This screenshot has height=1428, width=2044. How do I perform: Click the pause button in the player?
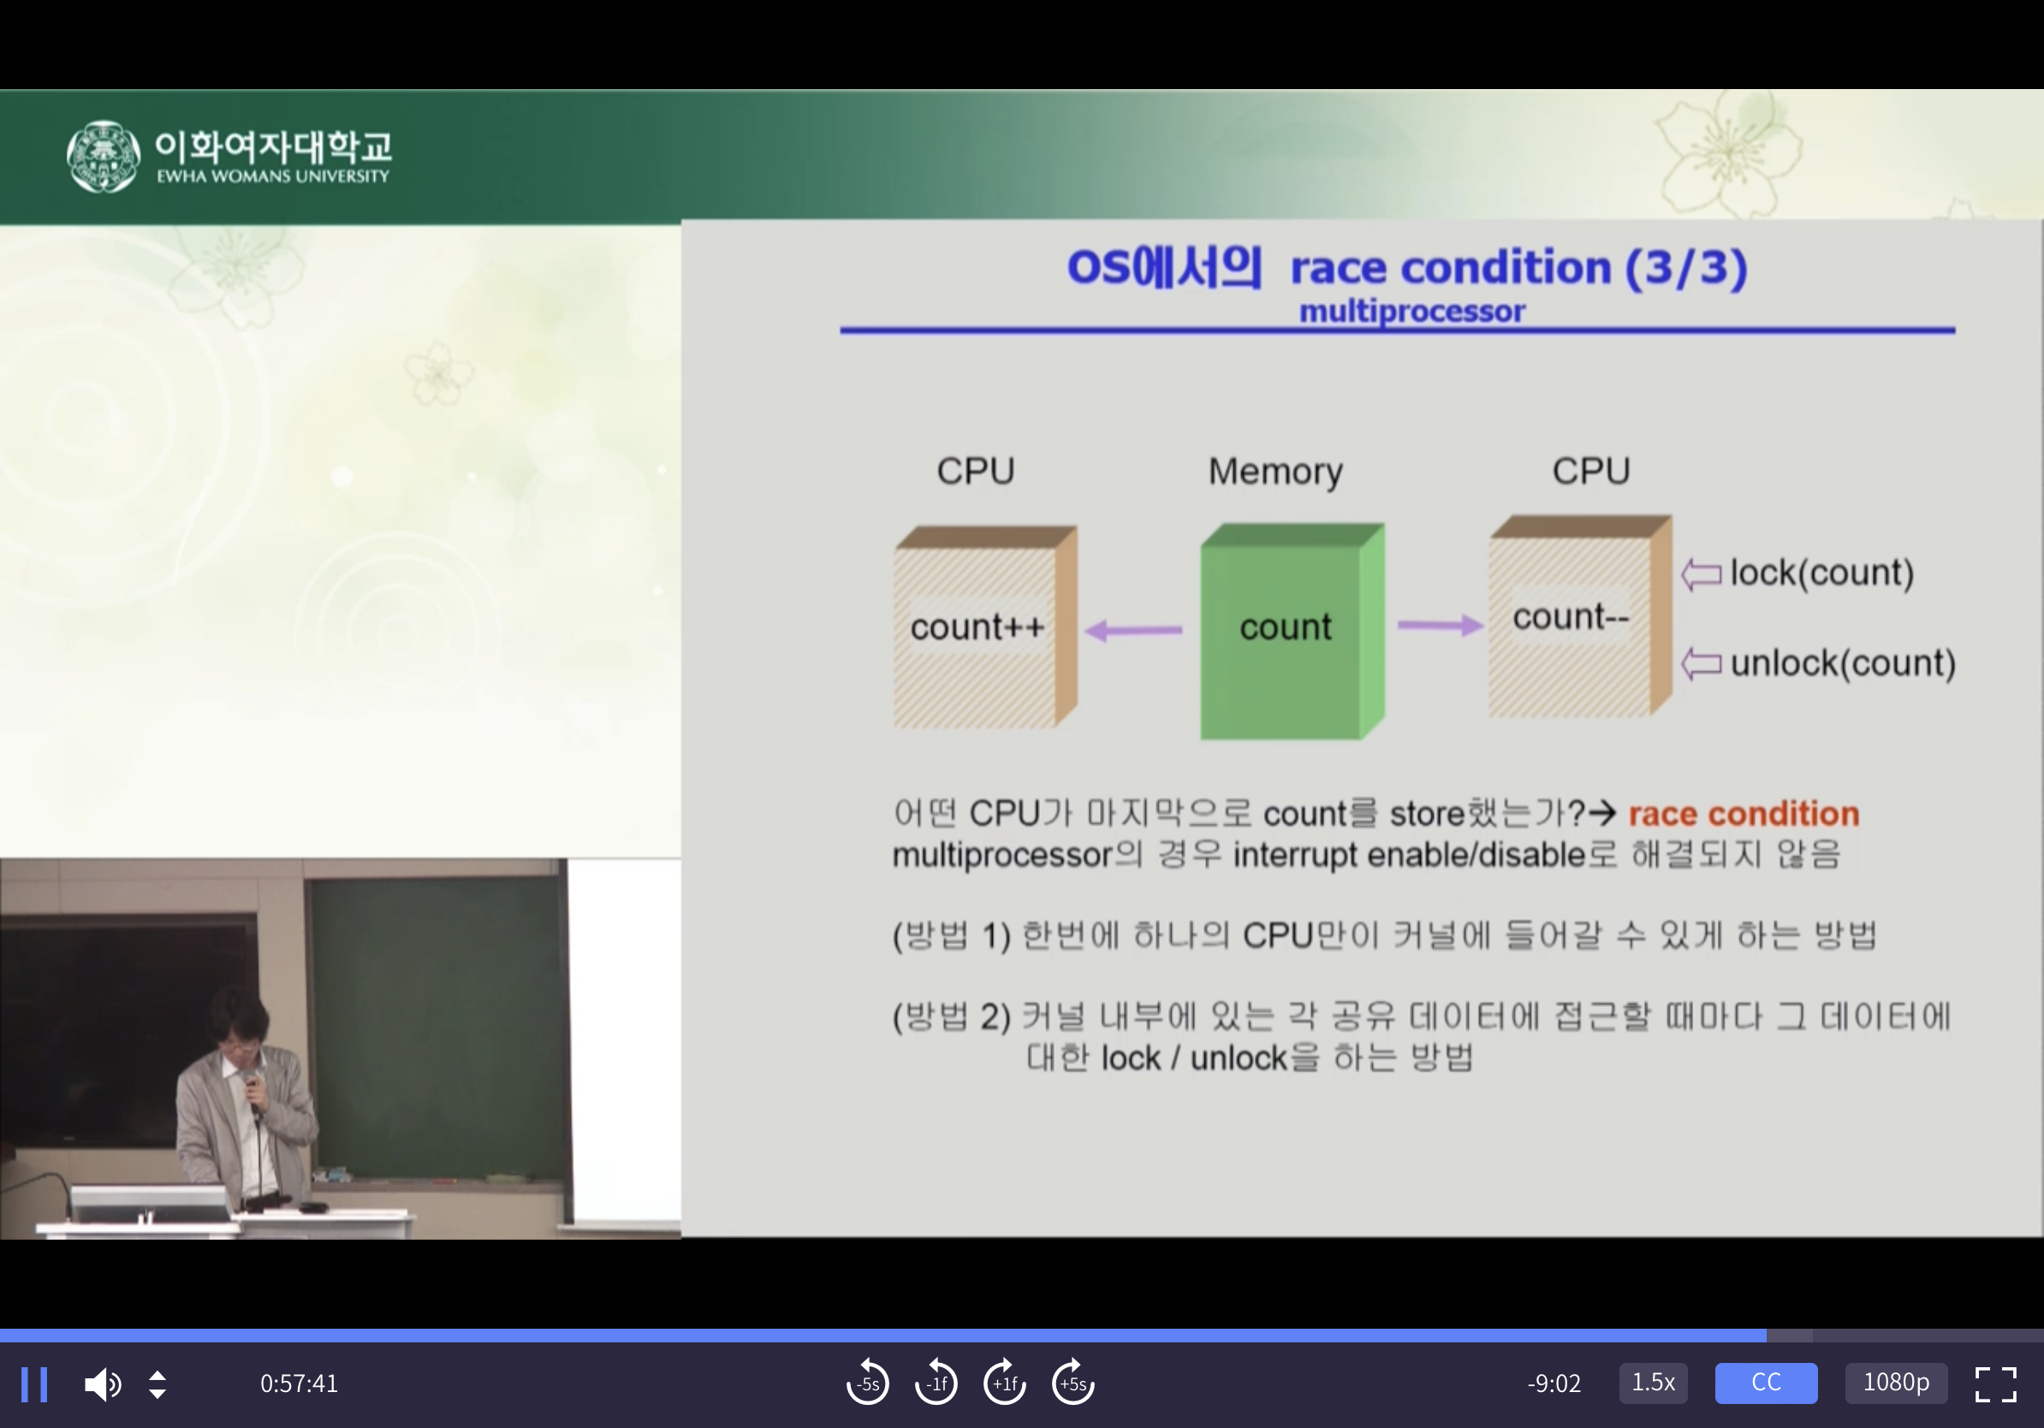tap(34, 1384)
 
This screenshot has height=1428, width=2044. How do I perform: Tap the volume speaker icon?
tap(103, 1384)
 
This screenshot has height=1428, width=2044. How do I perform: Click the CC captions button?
tap(1766, 1383)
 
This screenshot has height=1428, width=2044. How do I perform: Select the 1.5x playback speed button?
tap(1653, 1383)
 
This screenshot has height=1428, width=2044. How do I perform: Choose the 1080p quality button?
tap(1896, 1383)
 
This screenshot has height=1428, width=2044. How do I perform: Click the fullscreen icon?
tap(1996, 1384)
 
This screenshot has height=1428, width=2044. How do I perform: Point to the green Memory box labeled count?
tap(1292, 631)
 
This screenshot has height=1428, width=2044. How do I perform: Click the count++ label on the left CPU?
tap(977, 627)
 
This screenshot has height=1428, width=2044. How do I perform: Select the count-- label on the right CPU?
tap(1572, 616)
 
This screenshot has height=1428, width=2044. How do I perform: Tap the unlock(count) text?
tap(1843, 663)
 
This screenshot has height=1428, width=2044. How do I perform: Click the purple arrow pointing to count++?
tap(1133, 630)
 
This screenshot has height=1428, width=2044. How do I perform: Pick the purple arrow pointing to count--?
tap(1441, 625)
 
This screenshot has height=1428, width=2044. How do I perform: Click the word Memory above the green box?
tap(1275, 472)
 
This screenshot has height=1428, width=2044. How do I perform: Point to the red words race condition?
tap(1744, 813)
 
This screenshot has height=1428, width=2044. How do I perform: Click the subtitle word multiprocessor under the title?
tap(1412, 312)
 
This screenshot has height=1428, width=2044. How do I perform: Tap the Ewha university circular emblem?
tap(104, 157)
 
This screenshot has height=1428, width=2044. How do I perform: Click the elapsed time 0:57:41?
tap(299, 1383)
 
